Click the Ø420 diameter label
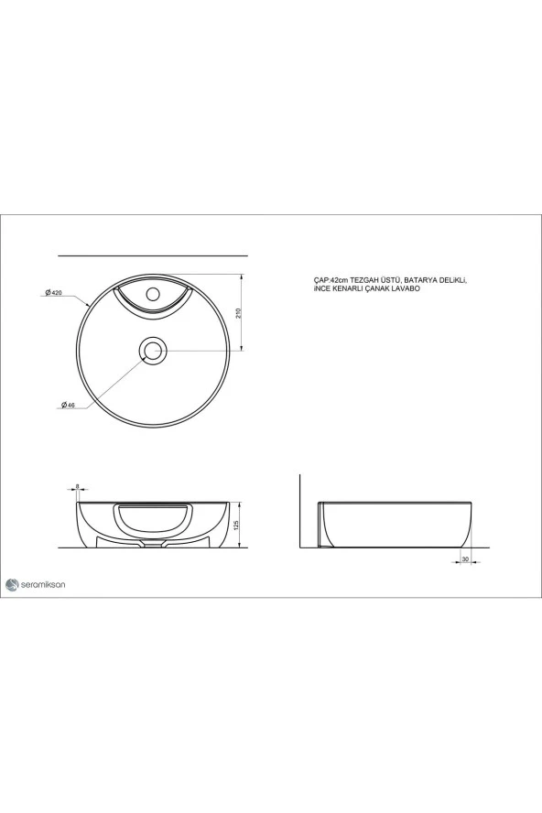[x=52, y=292]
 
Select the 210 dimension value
[x=238, y=312]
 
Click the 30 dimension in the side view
[x=465, y=558]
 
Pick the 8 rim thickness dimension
[x=78, y=487]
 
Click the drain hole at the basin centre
[x=152, y=350]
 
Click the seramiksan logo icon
[x=12, y=583]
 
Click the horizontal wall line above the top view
[x=153, y=254]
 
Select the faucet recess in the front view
[x=152, y=517]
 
